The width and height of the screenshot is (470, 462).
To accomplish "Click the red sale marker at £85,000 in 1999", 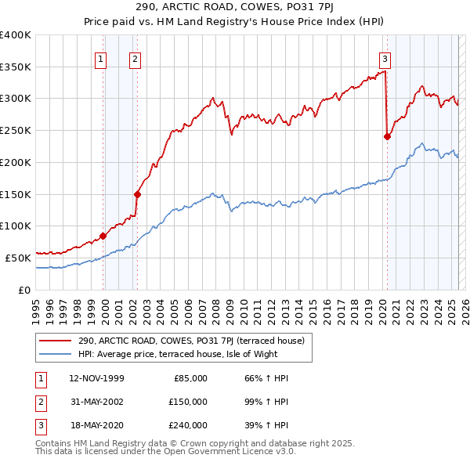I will pyautogui.click(x=103, y=236).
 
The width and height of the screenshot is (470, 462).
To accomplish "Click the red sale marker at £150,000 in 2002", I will pyautogui.click(x=137, y=194).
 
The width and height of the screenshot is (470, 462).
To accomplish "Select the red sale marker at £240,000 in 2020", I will pyautogui.click(x=387, y=136).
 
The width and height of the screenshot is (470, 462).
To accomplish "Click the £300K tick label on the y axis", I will pyautogui.click(x=16, y=99).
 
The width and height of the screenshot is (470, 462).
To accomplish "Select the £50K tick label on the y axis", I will pyautogui.click(x=19, y=257).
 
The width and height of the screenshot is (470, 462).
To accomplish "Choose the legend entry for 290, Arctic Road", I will pyautogui.click(x=196, y=341).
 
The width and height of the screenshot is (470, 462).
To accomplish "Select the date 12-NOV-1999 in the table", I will pyautogui.click(x=97, y=378).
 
